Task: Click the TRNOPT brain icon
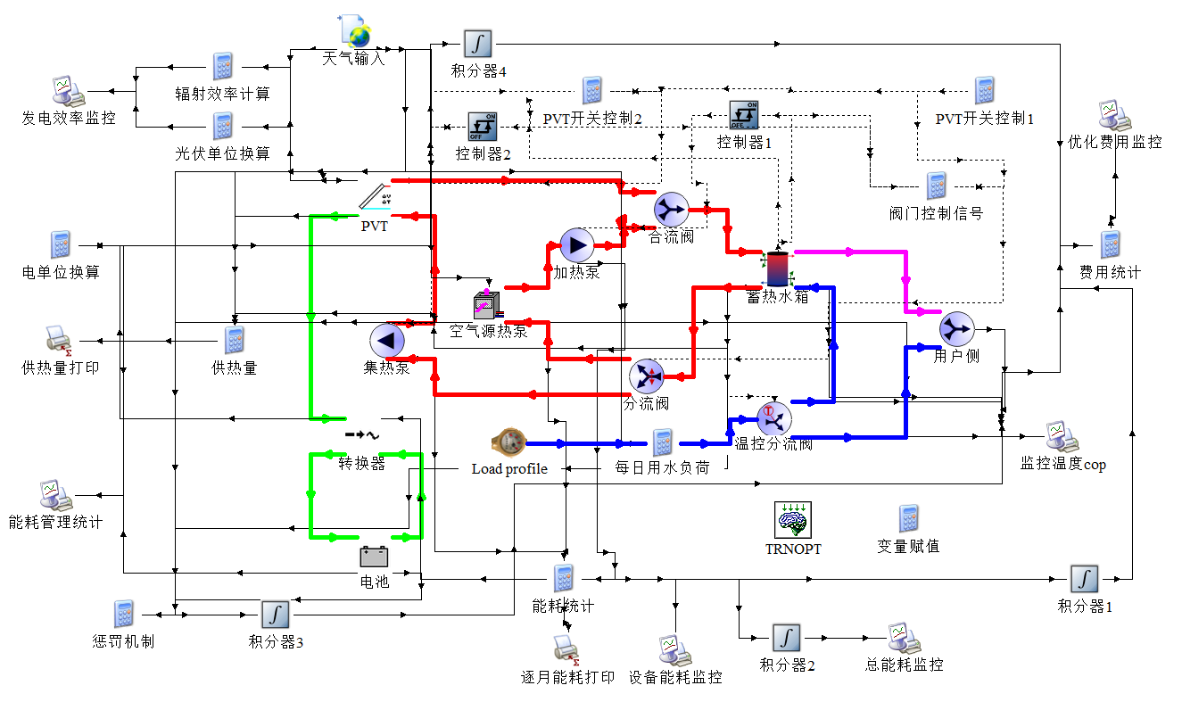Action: click(x=792, y=519)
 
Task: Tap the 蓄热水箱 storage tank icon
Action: click(x=778, y=267)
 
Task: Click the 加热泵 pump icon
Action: click(x=576, y=245)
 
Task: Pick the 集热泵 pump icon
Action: click(x=387, y=340)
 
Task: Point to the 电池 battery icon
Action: click(x=374, y=557)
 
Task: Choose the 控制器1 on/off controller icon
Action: click(x=743, y=115)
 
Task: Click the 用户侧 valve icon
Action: click(x=956, y=329)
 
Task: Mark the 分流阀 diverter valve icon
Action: click(x=646, y=376)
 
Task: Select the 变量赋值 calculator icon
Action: click(x=908, y=519)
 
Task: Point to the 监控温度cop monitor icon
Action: click(x=1062, y=436)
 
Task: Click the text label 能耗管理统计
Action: click(x=55, y=522)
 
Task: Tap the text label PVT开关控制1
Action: click(x=984, y=119)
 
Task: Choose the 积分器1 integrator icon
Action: click(x=1084, y=579)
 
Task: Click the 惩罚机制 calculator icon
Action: click(x=123, y=614)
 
